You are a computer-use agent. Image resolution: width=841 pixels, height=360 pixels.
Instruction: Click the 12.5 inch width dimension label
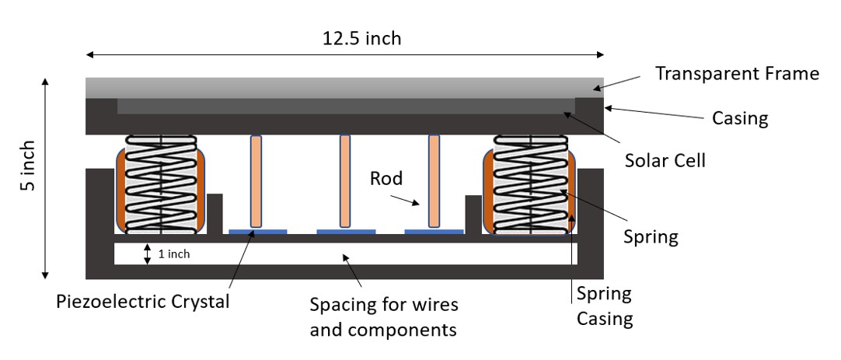click(x=362, y=38)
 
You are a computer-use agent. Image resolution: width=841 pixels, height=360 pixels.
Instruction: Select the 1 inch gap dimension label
click(x=173, y=253)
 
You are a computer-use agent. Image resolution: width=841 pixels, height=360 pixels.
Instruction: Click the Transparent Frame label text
click(x=737, y=74)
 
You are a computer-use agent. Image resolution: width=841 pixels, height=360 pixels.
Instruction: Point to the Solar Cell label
click(x=665, y=161)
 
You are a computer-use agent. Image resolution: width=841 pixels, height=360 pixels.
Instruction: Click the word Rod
click(x=386, y=179)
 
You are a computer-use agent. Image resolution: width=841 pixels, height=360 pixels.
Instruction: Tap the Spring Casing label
click(x=604, y=306)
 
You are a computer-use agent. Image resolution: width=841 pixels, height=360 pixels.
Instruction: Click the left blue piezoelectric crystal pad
click(x=257, y=231)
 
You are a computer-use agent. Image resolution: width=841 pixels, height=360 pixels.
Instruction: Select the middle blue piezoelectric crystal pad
click(x=346, y=231)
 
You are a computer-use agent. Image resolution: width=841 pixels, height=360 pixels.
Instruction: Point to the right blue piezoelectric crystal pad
click(x=434, y=231)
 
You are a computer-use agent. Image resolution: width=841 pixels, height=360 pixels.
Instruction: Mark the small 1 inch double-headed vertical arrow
click(x=147, y=253)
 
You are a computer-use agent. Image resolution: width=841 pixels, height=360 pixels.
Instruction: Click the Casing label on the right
click(x=740, y=118)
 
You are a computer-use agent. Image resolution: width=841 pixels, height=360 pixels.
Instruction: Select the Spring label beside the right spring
click(x=652, y=236)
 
